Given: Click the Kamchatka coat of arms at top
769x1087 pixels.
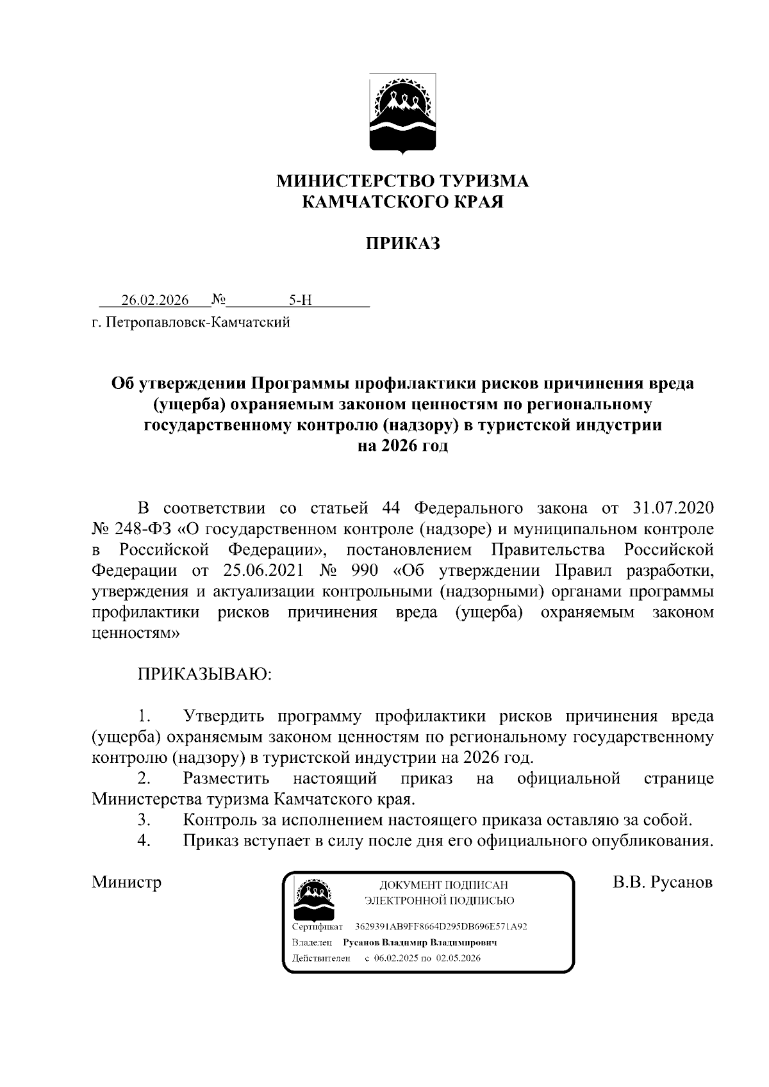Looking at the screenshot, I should coord(403,115).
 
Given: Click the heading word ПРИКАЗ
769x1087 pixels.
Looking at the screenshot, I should coord(402,243).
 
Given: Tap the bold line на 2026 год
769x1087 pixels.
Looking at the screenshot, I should coord(402,446).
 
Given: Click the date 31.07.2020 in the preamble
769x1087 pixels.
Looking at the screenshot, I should coord(673,509).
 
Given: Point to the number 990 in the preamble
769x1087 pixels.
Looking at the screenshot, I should coord(364,571).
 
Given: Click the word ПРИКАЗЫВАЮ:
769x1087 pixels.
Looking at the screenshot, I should coord(204,674).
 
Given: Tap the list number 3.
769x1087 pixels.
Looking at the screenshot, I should coord(144,819).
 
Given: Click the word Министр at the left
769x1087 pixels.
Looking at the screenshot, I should coord(126,882).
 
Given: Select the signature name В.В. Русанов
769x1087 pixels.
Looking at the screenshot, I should coord(663,882).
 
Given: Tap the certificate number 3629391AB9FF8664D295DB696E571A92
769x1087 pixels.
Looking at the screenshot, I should coord(441,927).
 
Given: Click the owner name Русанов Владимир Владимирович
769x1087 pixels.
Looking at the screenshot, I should coord(420,943).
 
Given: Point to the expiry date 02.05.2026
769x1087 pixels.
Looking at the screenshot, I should coord(459,958).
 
